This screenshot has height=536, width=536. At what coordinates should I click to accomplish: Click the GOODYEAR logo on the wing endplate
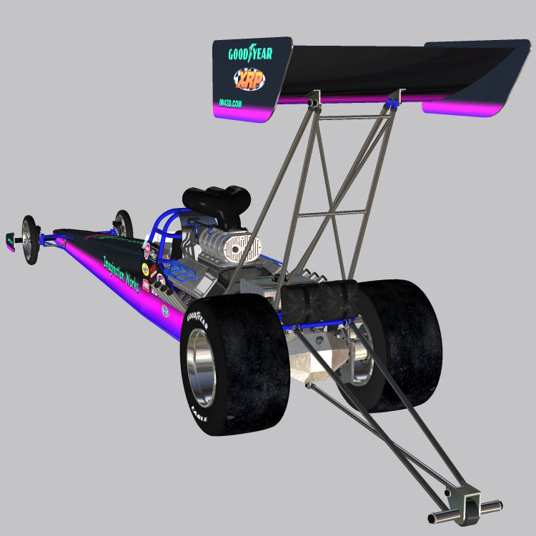tap(250, 54)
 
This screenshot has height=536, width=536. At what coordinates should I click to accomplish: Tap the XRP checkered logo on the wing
tap(247, 79)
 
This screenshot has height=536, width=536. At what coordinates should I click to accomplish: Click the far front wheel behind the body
tap(123, 223)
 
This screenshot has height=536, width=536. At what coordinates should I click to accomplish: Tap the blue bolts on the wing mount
tap(392, 104)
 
